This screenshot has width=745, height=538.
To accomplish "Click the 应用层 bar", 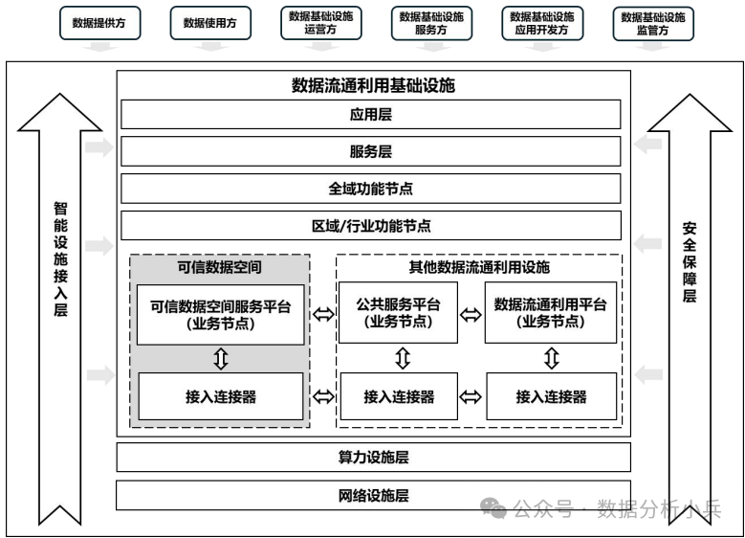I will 371,115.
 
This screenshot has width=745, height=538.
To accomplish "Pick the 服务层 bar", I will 371,151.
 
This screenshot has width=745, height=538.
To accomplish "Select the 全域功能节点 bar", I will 371,189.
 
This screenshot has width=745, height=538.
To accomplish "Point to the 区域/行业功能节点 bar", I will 371,226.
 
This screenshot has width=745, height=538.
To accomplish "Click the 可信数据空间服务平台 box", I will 221,313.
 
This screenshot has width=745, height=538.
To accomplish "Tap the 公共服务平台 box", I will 398,313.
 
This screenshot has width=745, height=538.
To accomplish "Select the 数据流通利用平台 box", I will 550,313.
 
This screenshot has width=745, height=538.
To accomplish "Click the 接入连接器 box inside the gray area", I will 221,396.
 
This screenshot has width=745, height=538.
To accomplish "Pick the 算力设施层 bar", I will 373,458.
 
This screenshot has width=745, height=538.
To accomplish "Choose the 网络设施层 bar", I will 373,495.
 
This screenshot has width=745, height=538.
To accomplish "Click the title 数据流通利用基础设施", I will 373,85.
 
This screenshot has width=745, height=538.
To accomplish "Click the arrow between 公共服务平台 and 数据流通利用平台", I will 471,314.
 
